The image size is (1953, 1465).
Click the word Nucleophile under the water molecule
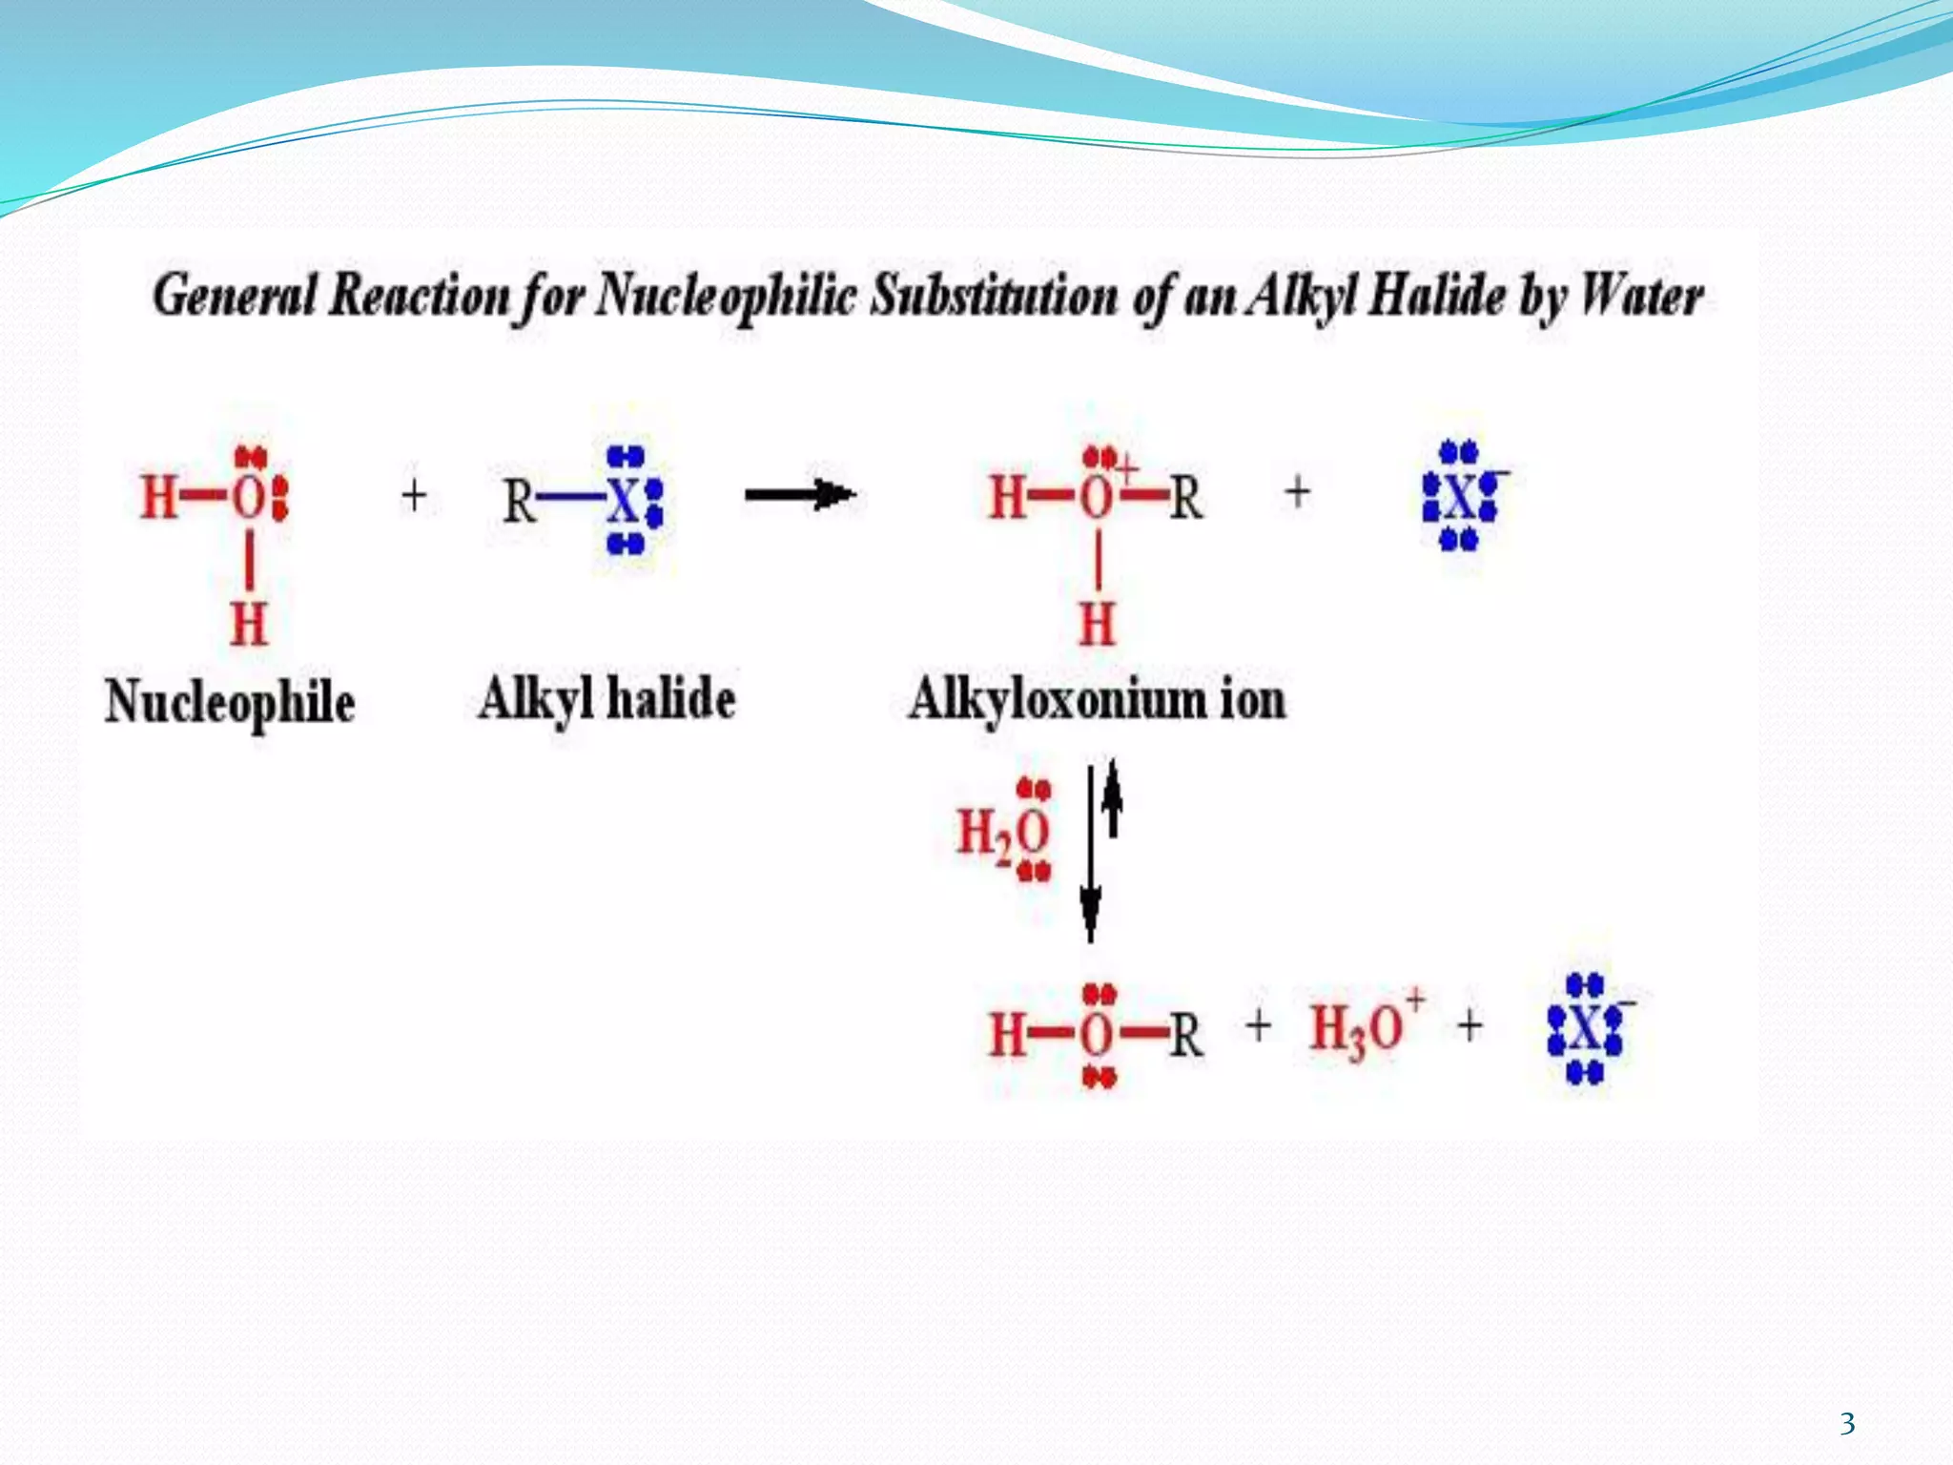pyautogui.click(x=229, y=703)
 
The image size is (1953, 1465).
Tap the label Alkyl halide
pyautogui.click(x=606, y=700)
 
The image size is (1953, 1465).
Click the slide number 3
pyautogui.click(x=1847, y=1424)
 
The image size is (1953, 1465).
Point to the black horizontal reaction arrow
pyautogui.click(x=800, y=494)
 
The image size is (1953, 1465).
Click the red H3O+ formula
pyautogui.click(x=1365, y=1027)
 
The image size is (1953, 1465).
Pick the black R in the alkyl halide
pyautogui.click(x=519, y=501)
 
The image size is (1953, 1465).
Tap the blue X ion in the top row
pyautogui.click(x=1460, y=496)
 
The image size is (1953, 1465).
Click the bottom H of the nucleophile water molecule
pyautogui.click(x=249, y=625)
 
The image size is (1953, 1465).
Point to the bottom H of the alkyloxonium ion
pyautogui.click(x=1097, y=625)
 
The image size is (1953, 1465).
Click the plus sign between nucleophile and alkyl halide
pyautogui.click(x=414, y=496)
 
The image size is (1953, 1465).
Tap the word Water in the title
pyautogui.click(x=1642, y=296)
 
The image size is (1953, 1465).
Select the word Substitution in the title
pyautogui.click(x=994, y=296)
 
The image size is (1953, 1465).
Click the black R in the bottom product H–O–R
pyautogui.click(x=1185, y=1035)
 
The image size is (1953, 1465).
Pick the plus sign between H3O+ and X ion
pyautogui.click(x=1470, y=1026)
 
